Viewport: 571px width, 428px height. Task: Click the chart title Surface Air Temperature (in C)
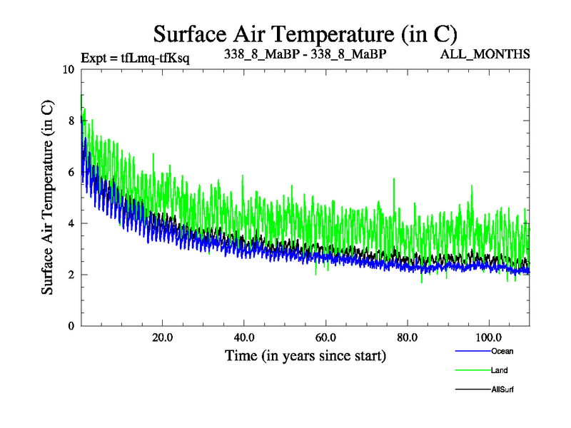305,34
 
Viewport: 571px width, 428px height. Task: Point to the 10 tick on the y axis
68,70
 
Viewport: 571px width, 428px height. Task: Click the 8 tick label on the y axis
71,121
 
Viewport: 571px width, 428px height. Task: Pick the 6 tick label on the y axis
71,173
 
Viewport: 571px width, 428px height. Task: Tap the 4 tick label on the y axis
71,223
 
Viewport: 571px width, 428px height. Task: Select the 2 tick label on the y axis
71,275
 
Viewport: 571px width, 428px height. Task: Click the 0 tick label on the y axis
71,326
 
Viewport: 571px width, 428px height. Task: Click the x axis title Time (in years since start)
305,355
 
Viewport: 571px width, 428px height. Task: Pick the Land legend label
499,370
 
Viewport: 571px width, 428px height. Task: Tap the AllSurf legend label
502,389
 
